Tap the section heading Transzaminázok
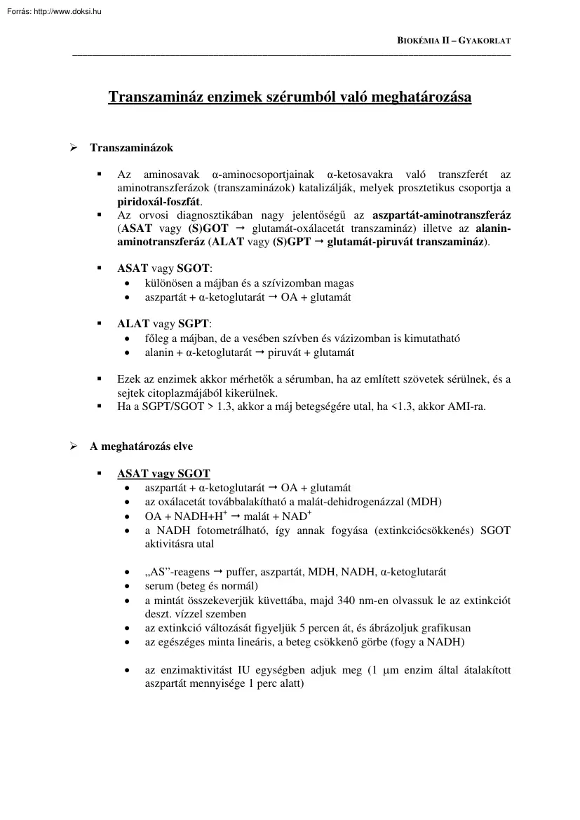click(x=131, y=148)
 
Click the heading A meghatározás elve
click(x=141, y=446)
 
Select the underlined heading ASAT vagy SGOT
click(x=163, y=473)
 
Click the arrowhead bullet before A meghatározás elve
click(x=72, y=446)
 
